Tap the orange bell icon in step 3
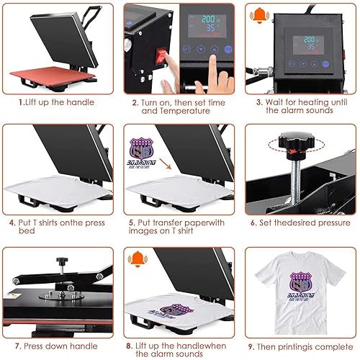259,15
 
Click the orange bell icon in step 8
138,259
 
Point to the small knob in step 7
62,261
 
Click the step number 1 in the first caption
21,102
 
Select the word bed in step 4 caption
27,231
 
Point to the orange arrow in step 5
166,164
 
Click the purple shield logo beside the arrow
141,148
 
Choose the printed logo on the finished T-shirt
301,287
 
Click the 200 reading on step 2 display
208,19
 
